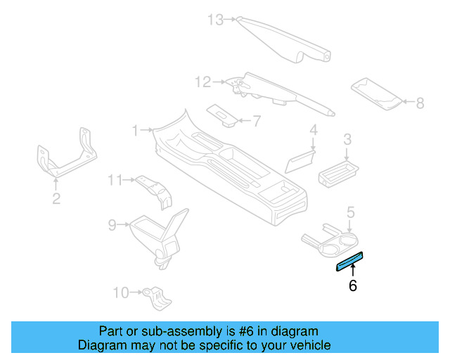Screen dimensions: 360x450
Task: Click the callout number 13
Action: point(215,20)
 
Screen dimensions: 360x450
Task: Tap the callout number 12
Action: point(202,83)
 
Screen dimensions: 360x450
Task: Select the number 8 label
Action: point(420,103)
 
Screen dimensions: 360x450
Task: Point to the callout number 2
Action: point(56,199)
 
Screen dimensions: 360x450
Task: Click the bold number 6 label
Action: point(352,285)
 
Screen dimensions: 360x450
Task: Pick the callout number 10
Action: point(120,292)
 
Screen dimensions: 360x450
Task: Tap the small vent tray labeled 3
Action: point(339,172)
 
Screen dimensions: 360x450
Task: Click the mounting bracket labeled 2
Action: point(65,157)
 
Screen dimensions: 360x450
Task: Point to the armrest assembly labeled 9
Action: point(158,232)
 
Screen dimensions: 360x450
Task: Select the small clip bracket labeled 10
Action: point(159,297)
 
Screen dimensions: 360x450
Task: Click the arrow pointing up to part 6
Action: point(352,271)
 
